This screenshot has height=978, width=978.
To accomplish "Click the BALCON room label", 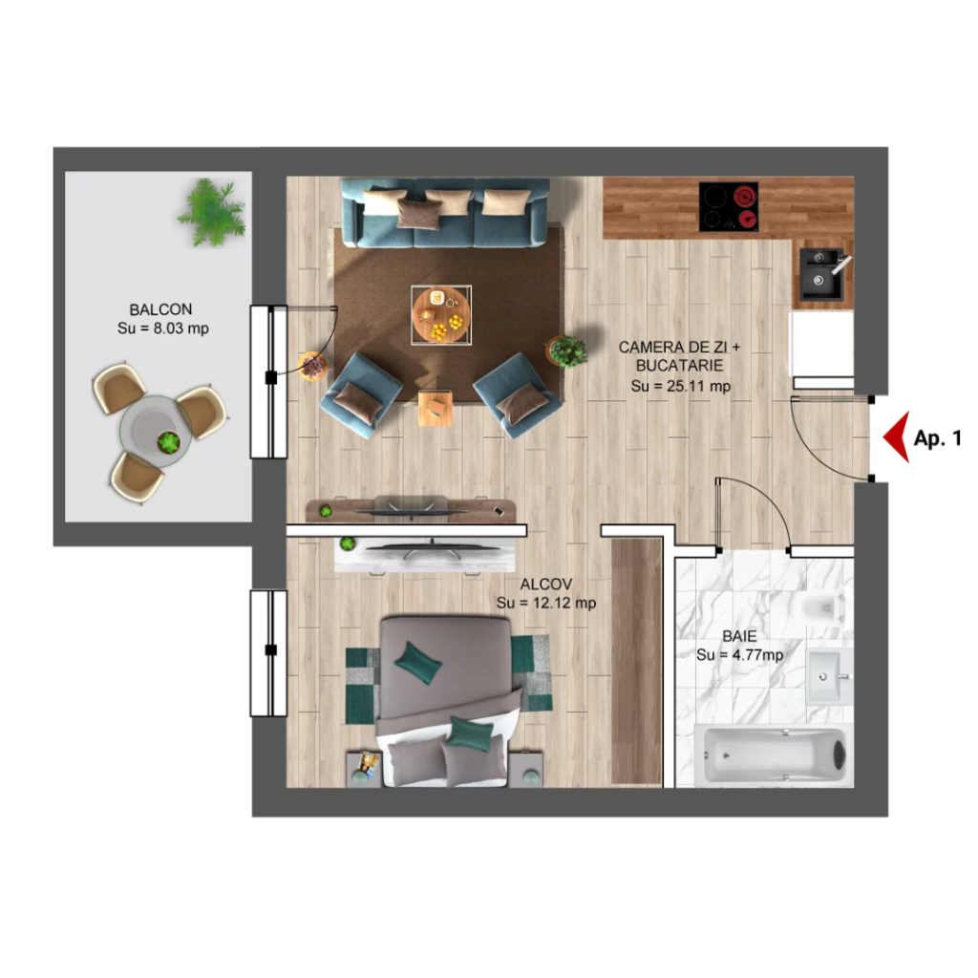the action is (160, 309).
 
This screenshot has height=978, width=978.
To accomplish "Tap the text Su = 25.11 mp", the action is (680, 386).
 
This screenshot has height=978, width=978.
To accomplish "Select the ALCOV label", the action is (546, 585).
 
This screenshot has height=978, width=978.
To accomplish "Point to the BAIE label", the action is (740, 636).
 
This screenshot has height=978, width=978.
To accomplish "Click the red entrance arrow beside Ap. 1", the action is (897, 436).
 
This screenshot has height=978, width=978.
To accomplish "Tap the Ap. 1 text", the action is (938, 438).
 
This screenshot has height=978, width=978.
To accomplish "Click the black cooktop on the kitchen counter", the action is (729, 206).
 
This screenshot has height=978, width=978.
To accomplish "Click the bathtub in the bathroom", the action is (774, 755).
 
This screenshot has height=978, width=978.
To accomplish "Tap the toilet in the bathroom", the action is (824, 606).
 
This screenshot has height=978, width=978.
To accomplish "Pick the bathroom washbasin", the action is (828, 677).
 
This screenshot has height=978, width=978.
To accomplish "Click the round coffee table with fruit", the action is (441, 315).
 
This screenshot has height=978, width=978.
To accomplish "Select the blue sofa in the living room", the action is (445, 212).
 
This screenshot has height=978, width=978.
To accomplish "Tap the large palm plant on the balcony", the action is (211, 212).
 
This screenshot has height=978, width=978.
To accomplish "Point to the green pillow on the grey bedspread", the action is (418, 663).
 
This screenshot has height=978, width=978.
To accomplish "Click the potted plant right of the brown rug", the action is (566, 351).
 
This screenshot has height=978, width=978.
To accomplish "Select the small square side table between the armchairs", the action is (436, 408).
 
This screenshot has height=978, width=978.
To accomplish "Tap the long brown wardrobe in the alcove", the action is (636, 661).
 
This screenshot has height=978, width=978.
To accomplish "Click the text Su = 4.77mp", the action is (740, 655).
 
